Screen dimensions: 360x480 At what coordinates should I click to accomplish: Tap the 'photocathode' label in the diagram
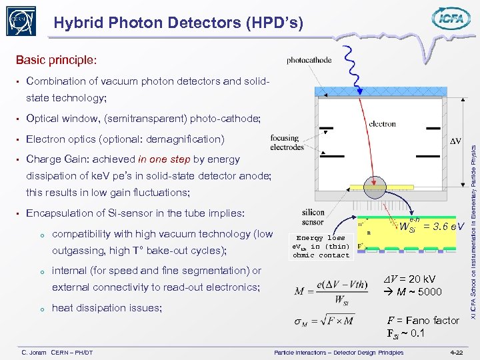click(309, 60)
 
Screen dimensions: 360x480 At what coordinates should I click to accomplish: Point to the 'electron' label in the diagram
click(382, 124)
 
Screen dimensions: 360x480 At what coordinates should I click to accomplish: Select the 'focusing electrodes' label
click(287, 143)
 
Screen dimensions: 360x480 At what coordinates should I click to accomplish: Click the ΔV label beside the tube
click(455, 142)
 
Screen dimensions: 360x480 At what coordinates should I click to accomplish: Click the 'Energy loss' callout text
click(321, 238)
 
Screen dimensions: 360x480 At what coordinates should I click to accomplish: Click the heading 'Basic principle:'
click(56, 60)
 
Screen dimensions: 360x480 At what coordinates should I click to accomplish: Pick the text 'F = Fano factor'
click(423, 321)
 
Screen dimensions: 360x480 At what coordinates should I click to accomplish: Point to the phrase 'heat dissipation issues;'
click(107, 308)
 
